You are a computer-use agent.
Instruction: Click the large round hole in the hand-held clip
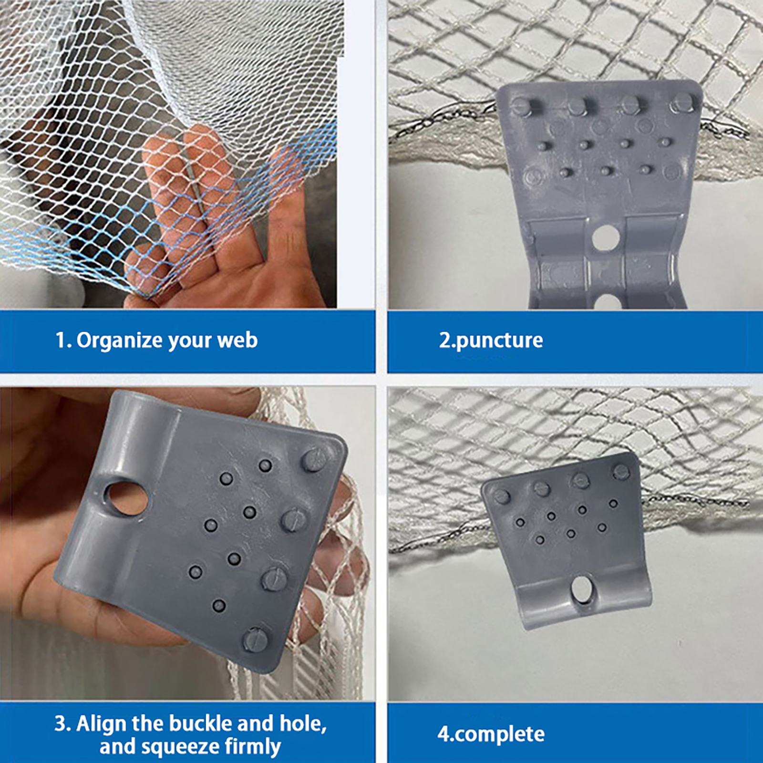click(x=127, y=498)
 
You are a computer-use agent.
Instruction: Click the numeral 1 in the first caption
click(x=60, y=340)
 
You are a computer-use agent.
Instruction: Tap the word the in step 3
click(x=148, y=723)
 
